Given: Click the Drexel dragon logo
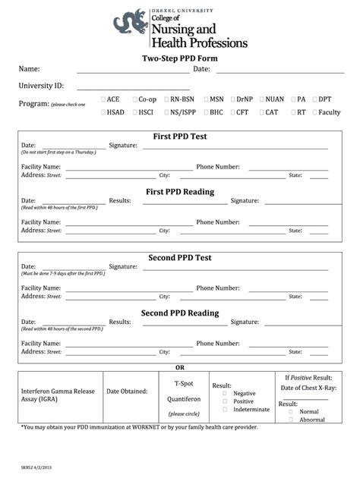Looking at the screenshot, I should pyautogui.click(x=129, y=23).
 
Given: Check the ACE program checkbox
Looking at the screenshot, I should pyautogui.click(x=103, y=99).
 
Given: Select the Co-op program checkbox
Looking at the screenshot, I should pyautogui.click(x=134, y=99).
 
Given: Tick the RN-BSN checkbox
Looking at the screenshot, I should pyautogui.click(x=166, y=99).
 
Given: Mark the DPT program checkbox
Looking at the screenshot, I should pyautogui.click(x=314, y=99).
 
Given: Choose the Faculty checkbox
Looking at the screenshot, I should pyautogui.click(x=314, y=112).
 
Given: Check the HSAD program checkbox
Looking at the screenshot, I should pyautogui.click(x=103, y=112).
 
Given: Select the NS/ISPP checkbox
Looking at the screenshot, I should pyautogui.click(x=166, y=112).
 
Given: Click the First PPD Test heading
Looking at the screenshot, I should pyautogui.click(x=179, y=137).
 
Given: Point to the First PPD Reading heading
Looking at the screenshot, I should pyautogui.click(x=179, y=192).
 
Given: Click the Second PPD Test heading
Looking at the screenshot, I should pyautogui.click(x=179, y=258).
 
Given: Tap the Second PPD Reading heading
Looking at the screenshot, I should pyautogui.click(x=179, y=313).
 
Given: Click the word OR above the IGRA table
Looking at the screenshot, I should pyautogui.click(x=180, y=367).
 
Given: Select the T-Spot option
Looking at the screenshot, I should pyautogui.click(x=185, y=384).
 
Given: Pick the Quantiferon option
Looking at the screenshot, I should pyautogui.click(x=185, y=399).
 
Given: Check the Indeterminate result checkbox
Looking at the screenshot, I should pyautogui.click(x=225, y=409).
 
